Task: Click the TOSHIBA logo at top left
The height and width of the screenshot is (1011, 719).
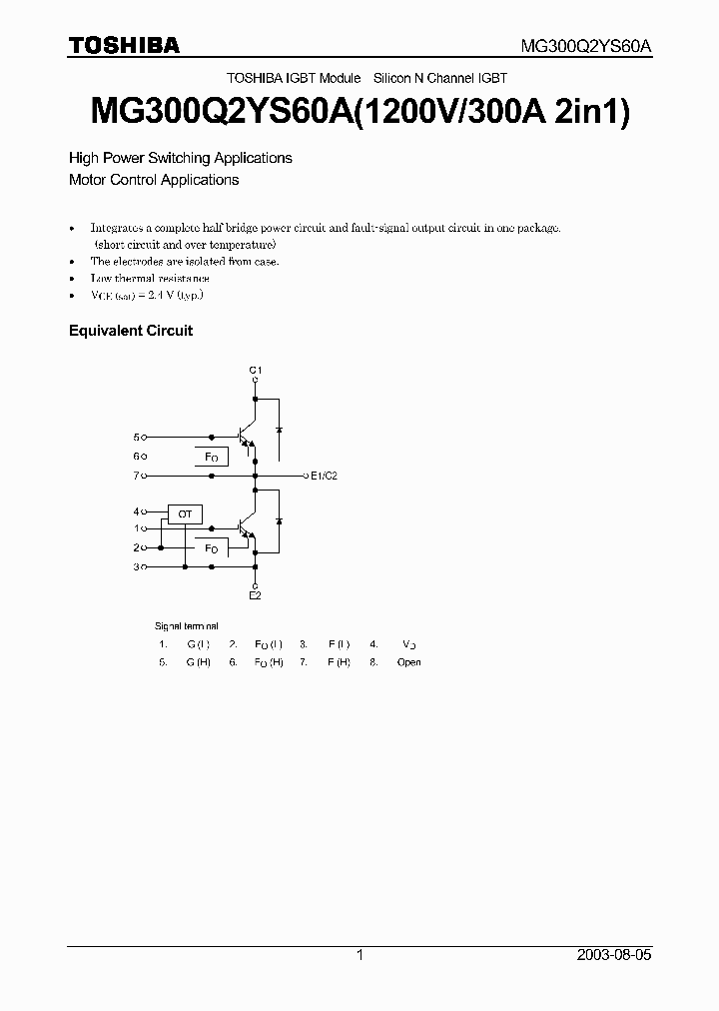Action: pos(124,45)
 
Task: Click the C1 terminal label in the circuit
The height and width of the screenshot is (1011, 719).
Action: pos(255,370)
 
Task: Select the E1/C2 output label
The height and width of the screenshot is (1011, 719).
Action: pos(325,476)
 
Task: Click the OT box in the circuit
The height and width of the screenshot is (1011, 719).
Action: pos(185,513)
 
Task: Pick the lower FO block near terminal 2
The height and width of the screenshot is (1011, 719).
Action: pos(211,548)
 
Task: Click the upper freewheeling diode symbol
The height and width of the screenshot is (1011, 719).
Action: pos(278,429)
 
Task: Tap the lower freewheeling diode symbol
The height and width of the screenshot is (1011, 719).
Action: pos(278,521)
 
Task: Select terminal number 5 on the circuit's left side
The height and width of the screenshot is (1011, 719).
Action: pos(137,437)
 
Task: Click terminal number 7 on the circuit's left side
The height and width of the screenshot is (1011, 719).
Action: pos(137,476)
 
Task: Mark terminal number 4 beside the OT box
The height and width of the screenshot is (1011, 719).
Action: pos(137,510)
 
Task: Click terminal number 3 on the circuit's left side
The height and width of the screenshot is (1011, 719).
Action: pos(137,566)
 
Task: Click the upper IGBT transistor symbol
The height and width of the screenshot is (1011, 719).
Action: pos(246,437)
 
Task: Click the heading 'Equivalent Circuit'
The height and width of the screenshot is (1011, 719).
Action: pos(130,330)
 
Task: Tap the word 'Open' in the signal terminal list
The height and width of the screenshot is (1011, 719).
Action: pos(408,662)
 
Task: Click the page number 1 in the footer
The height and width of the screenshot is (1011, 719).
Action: pos(359,955)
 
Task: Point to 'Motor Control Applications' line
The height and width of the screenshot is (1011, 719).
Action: pos(154,180)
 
